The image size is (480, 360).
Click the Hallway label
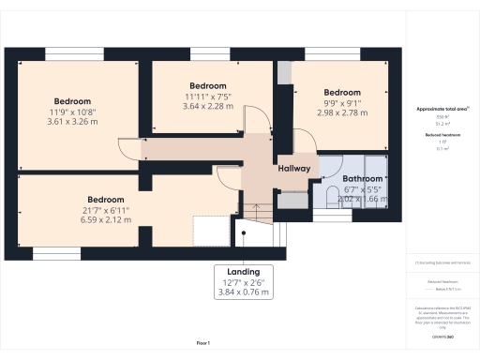(x=293, y=168)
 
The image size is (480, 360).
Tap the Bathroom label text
(x=361, y=178)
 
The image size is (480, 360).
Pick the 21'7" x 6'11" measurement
(x=107, y=210)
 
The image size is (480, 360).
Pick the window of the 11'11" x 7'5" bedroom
(x=206, y=52)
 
